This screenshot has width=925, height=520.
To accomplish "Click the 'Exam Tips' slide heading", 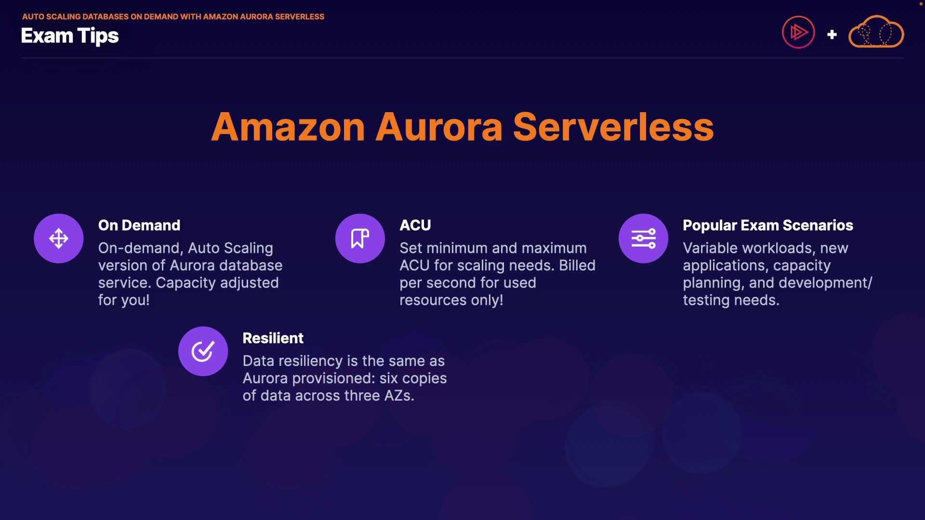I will (70, 36).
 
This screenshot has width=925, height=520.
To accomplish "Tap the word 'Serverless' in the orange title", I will (613, 127).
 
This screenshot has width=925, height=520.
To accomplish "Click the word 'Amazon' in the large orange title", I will (288, 127).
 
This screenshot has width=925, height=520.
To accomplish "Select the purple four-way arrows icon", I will (58, 238).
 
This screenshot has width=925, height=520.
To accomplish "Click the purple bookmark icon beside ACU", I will (360, 238).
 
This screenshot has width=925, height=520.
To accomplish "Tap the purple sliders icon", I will (643, 238).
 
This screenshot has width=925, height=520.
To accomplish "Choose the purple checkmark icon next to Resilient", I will (203, 351).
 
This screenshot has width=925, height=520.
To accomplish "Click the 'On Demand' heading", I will (139, 225).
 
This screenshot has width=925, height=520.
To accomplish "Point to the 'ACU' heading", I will (415, 225).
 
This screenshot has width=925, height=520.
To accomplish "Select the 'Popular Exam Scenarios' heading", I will (768, 225).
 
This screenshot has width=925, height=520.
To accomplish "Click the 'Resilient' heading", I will (273, 338).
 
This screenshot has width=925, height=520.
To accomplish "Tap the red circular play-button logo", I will (798, 33).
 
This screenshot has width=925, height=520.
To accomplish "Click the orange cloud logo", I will (876, 32).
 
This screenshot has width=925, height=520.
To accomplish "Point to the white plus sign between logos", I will (832, 35).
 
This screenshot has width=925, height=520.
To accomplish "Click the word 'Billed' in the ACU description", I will (577, 265).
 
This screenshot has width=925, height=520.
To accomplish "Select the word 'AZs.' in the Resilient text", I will (399, 396).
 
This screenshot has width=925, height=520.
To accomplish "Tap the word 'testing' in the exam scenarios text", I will (706, 300).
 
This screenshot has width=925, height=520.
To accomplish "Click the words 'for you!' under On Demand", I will (124, 300).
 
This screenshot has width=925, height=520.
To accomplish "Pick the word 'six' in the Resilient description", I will (389, 378).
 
